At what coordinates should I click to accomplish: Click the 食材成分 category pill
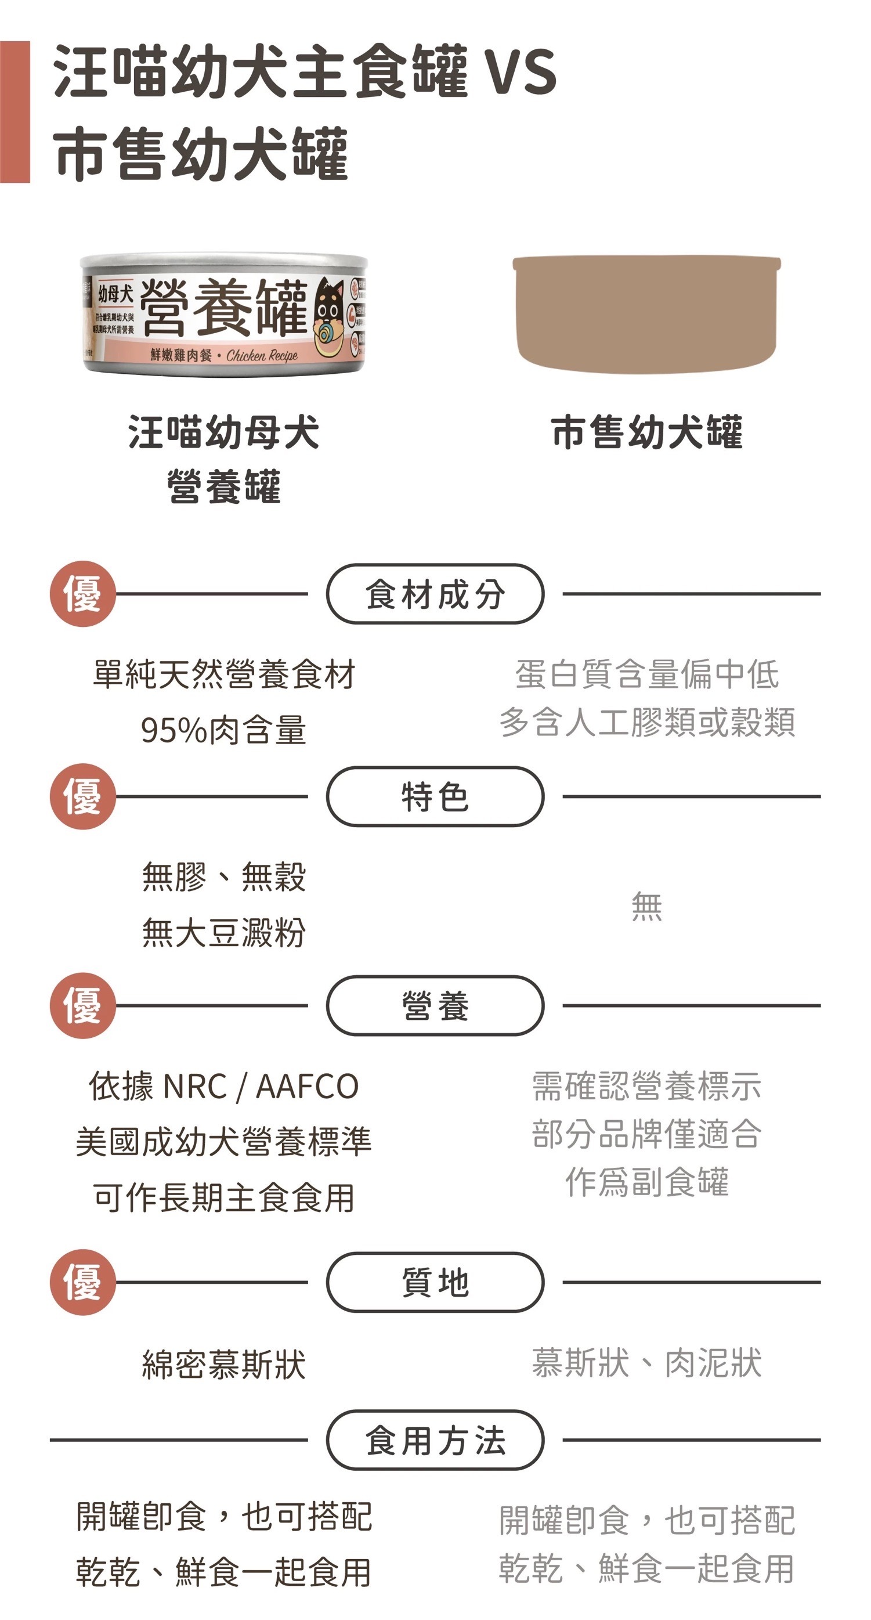(435, 594)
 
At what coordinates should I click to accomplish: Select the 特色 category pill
(435, 796)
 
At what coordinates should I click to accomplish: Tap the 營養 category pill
(435, 1005)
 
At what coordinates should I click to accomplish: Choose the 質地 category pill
(435, 1282)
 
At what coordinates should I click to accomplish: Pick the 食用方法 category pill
(435, 1439)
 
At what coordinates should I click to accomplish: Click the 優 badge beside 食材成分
(82, 594)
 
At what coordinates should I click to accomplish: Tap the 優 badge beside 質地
(82, 1282)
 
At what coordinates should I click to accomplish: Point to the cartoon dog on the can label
(331, 317)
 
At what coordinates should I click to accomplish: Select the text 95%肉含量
(223, 730)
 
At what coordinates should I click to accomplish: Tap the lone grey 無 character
(646, 906)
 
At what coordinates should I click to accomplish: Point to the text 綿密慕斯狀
(223, 1364)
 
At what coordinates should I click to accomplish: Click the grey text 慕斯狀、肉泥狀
(646, 1362)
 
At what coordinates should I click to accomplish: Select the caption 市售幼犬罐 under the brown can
(646, 432)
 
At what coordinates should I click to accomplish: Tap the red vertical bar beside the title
(15, 112)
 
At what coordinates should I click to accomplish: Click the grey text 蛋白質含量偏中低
(646, 674)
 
